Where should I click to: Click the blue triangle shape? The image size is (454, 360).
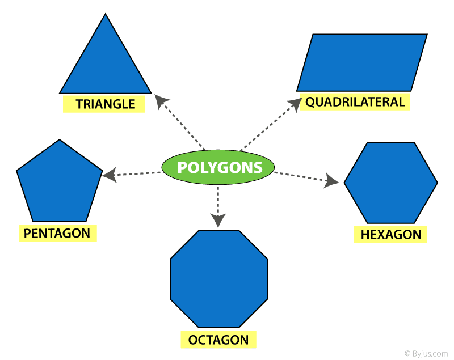106,65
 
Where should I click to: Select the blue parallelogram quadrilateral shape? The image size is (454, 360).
361,62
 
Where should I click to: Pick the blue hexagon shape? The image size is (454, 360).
391,183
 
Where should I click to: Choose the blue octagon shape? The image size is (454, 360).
218,279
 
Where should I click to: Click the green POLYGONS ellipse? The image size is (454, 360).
218,167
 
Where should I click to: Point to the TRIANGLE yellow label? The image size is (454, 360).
105,104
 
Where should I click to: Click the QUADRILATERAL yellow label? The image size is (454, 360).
355,102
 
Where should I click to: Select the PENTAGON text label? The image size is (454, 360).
57,233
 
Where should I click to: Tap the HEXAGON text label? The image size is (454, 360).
391,234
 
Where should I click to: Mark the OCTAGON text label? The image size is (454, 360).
218,340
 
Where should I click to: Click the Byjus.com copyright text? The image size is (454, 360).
426,353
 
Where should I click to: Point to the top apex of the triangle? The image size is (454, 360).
106,15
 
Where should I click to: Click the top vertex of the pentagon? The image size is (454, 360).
59,140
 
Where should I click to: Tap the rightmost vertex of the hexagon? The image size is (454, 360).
437,183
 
